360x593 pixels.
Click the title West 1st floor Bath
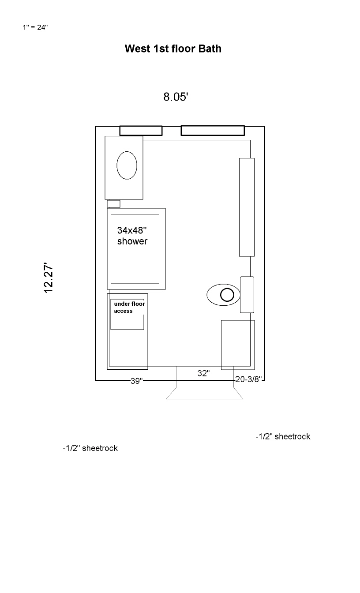point(173,49)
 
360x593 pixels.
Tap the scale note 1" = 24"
point(35,27)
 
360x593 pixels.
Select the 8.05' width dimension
point(176,97)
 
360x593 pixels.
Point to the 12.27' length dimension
point(49,278)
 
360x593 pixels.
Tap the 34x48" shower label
point(132,236)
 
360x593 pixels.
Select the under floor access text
point(129,307)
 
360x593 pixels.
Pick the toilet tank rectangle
point(247,295)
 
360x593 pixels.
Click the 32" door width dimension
point(203,373)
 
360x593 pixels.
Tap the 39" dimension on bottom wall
point(137,381)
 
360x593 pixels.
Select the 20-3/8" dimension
point(248,379)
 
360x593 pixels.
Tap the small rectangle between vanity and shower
point(113,204)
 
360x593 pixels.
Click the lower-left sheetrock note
point(90,448)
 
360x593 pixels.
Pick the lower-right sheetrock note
point(283,436)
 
